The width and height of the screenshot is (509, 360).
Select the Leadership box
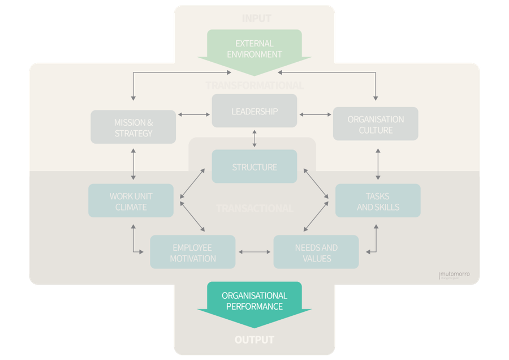coord(255,111)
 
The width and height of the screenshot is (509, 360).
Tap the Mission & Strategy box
coord(133,127)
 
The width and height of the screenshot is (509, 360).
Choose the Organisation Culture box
coord(376,125)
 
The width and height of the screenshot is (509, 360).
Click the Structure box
coord(255,167)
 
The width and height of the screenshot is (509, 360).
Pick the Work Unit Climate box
coord(131,202)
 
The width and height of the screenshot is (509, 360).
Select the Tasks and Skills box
coord(378,201)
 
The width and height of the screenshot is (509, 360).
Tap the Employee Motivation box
coord(193,252)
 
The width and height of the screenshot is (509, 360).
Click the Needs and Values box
coord(316,252)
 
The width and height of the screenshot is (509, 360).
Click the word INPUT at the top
coord(256,18)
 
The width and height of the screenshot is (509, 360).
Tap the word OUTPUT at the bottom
coord(254,340)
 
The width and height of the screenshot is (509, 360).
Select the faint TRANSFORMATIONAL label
coord(255,85)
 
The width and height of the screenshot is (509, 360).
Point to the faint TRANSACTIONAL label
coord(255,208)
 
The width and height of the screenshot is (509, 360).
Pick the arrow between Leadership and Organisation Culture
coord(316,114)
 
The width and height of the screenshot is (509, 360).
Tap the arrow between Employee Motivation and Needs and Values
coord(255,251)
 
